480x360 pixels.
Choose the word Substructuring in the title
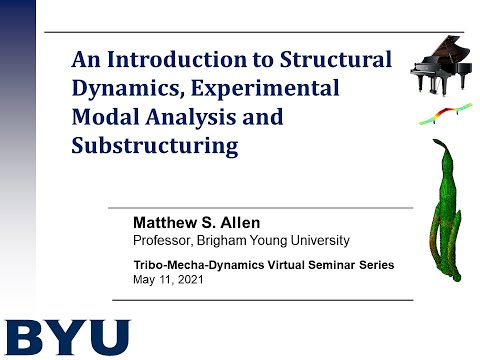click(155, 146)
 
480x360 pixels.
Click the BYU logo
click(66, 338)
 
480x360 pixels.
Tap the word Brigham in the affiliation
click(226, 240)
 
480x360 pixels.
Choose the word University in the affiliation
click(318, 240)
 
